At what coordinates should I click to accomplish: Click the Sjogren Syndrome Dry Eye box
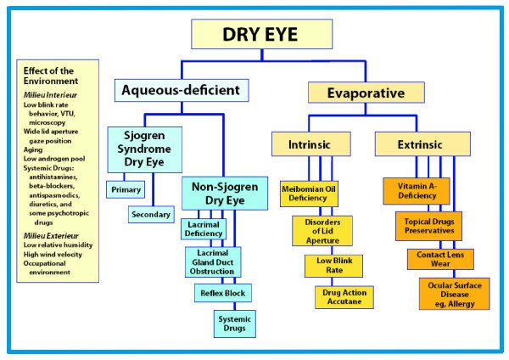pos(144,149)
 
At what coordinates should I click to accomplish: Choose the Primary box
pos(123,189)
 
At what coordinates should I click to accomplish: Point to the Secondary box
pos(151,215)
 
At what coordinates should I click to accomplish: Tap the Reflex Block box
pos(222,293)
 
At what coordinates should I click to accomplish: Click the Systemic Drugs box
pos(234,323)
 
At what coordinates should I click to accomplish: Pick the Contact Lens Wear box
pos(439,258)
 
